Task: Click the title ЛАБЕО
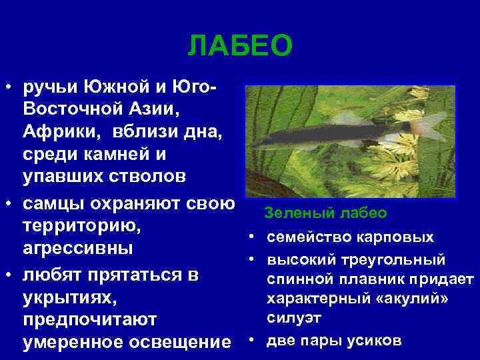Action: coord(240,47)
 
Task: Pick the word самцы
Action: coord(53,202)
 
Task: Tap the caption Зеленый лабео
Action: coord(325,213)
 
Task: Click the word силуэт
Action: coord(289,319)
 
